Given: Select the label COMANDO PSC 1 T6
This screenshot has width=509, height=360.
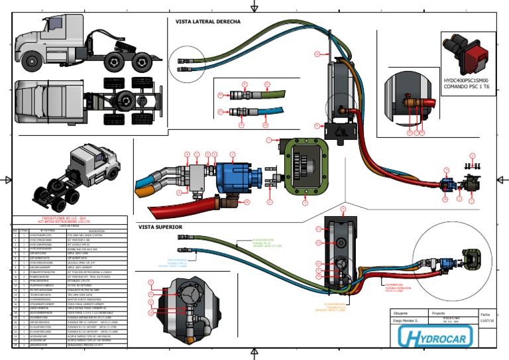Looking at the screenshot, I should [466, 87].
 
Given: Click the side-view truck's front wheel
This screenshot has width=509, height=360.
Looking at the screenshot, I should [32, 63].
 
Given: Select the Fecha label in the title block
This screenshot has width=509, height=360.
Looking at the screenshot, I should [485, 313].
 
